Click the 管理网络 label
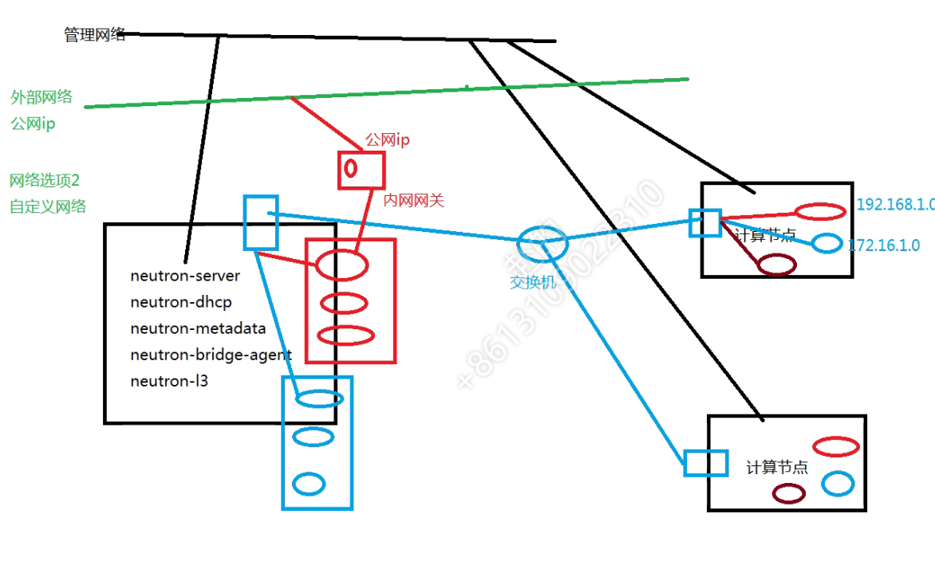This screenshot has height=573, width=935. pyautogui.click(x=94, y=35)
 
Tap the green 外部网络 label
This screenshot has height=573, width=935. pyautogui.click(x=41, y=97)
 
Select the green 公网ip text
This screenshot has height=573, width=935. pyautogui.click(x=33, y=124)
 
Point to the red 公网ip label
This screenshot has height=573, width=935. pyautogui.click(x=387, y=140)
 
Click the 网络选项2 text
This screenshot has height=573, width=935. pyautogui.click(x=45, y=180)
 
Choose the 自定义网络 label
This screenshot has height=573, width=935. pyautogui.click(x=48, y=207)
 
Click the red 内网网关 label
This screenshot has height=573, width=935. pyautogui.click(x=413, y=201)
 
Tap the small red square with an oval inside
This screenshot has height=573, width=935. pyautogui.click(x=361, y=170)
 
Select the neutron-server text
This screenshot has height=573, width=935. pyautogui.click(x=185, y=277)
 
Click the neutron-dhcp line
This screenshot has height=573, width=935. pyautogui.click(x=181, y=303)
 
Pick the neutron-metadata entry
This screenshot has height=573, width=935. pyautogui.click(x=198, y=328)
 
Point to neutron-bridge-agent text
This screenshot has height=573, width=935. pyautogui.click(x=211, y=355)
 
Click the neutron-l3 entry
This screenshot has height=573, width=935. pyautogui.click(x=168, y=381)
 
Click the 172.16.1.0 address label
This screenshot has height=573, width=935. pyautogui.click(x=884, y=246)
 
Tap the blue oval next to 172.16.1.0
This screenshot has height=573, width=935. pyautogui.click(x=827, y=243)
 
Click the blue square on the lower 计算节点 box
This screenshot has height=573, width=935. pyautogui.click(x=706, y=463)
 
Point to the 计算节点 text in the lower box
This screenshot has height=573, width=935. pyautogui.click(x=776, y=468)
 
